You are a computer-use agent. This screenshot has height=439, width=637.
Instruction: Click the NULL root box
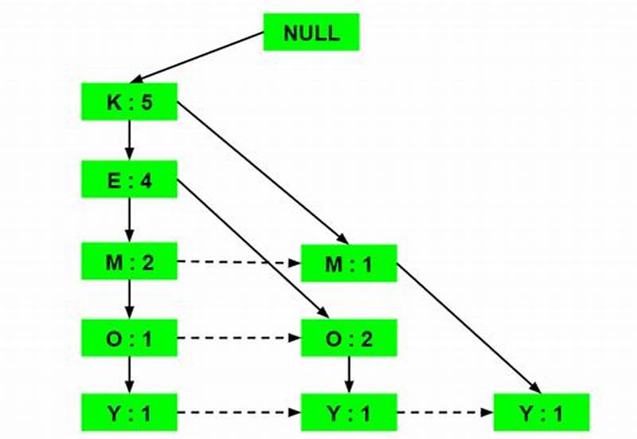(311, 33)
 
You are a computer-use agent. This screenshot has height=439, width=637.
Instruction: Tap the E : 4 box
(129, 179)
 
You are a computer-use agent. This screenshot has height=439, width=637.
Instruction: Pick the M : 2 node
(129, 262)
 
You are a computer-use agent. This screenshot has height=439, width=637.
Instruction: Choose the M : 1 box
(349, 262)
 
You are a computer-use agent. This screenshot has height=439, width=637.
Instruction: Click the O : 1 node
(129, 338)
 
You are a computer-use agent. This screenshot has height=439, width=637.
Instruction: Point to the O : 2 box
(349, 338)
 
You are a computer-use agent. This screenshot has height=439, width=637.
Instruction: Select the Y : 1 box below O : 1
(129, 413)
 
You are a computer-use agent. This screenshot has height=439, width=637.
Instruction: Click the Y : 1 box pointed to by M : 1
(541, 413)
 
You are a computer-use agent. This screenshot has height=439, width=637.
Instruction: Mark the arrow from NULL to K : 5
(199, 57)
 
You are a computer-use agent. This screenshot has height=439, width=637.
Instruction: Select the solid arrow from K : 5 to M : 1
(263, 172)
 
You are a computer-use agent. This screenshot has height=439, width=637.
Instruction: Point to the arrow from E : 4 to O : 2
(251, 248)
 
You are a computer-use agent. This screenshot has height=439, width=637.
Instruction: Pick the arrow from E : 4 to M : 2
(129, 220)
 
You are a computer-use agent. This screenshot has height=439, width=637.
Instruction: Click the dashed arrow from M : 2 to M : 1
(239, 262)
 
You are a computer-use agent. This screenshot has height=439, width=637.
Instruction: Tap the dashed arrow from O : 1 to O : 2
(239, 338)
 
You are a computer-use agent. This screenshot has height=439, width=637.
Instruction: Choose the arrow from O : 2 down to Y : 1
(349, 375)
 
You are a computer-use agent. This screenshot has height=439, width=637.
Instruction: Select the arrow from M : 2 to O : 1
(129, 300)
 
